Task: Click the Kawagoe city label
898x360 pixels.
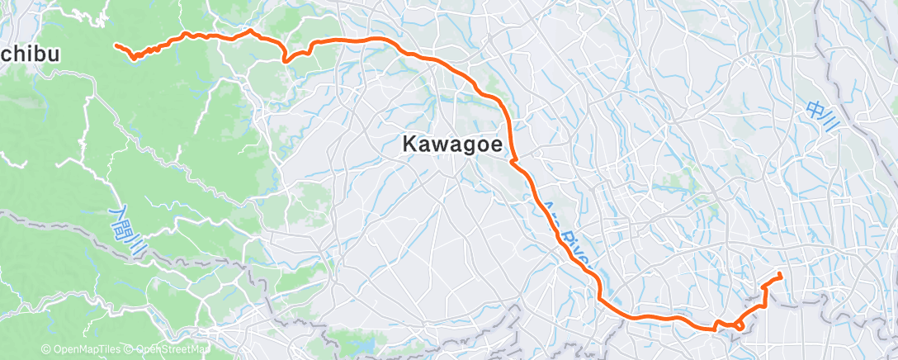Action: pos(452,144)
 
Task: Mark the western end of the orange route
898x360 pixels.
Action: pos(116,45)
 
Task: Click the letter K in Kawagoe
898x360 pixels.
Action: pos(409,144)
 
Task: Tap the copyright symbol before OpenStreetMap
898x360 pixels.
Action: pos(130,350)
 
